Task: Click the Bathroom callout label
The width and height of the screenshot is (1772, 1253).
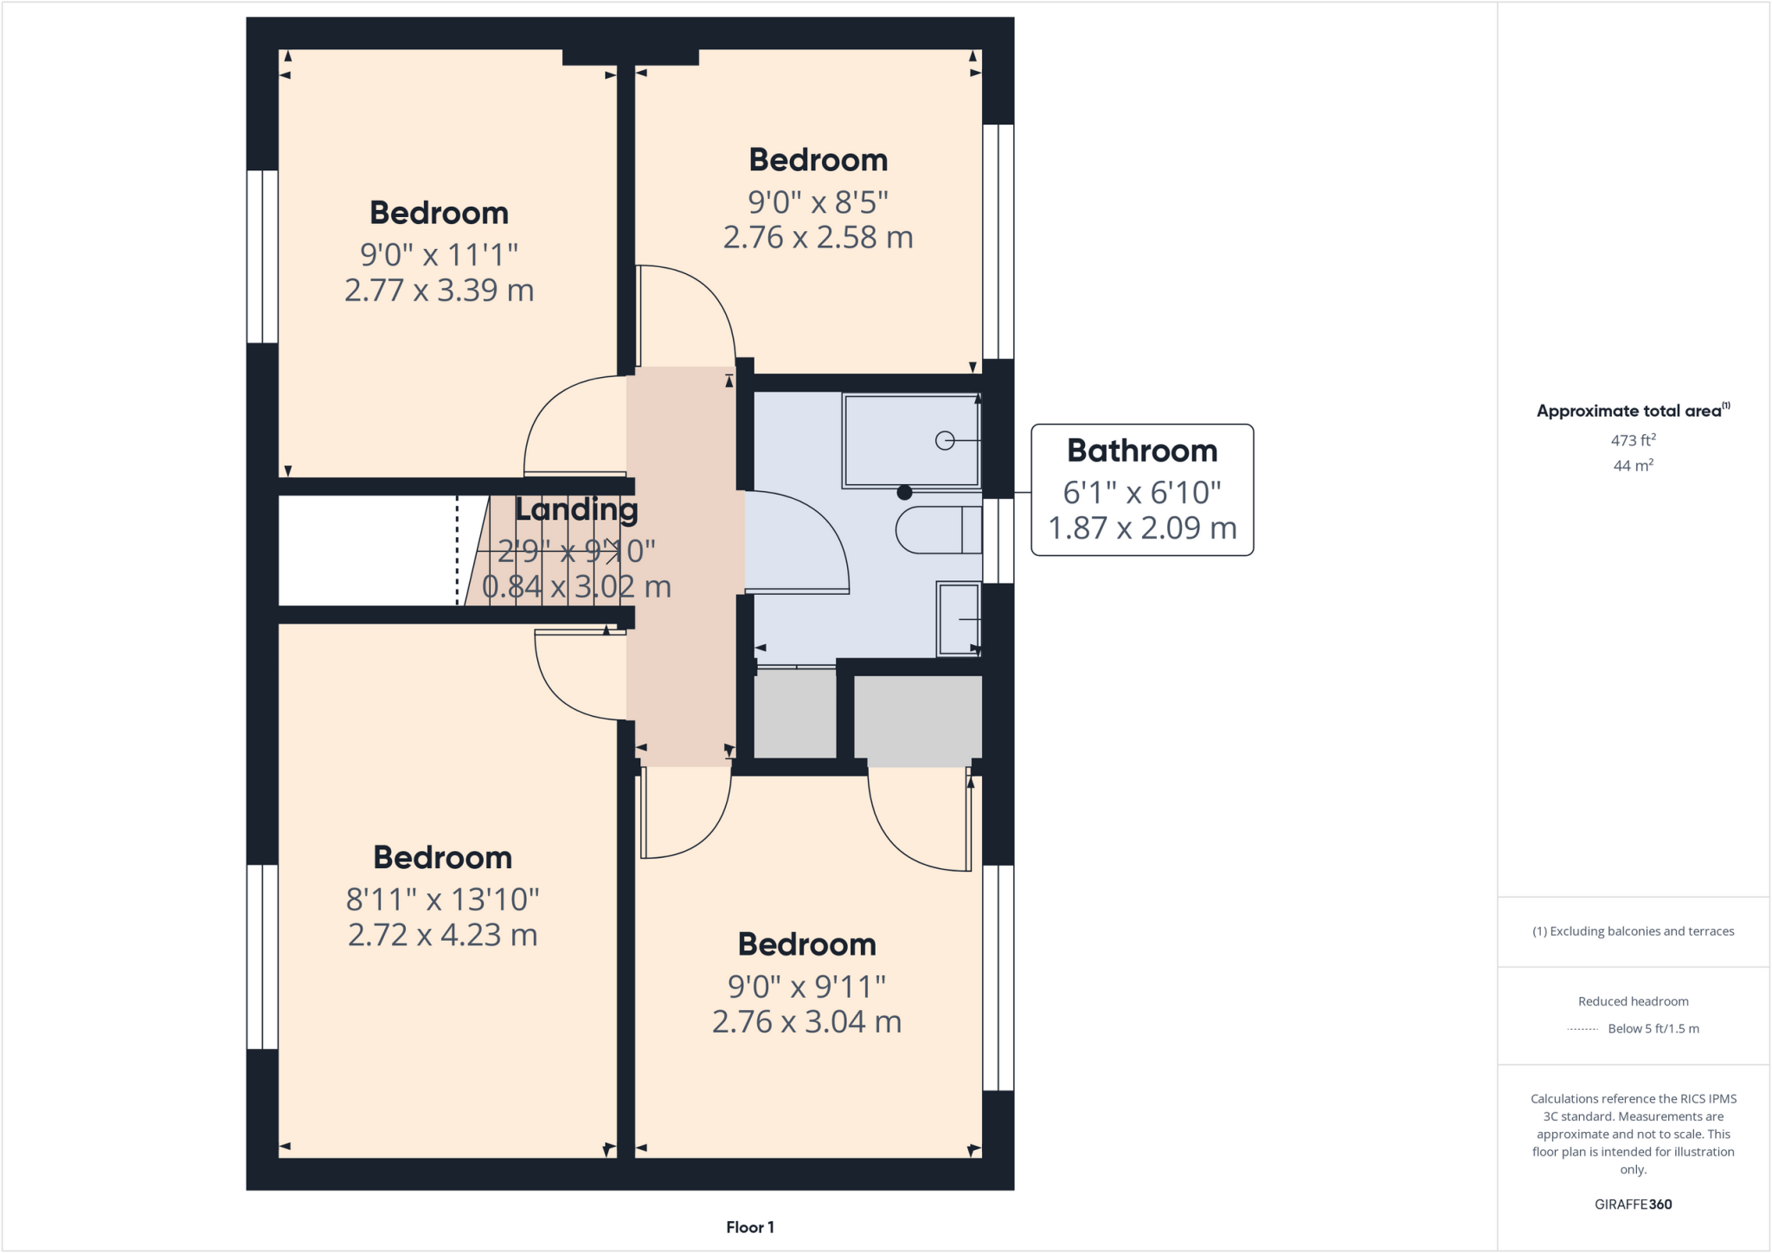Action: (x=1141, y=451)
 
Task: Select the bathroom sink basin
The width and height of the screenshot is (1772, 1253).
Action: (x=959, y=618)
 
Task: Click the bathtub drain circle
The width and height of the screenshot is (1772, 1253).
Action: (x=945, y=441)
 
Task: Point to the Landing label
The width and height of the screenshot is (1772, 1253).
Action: (x=576, y=509)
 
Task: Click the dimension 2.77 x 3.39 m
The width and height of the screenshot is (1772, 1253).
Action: (x=439, y=291)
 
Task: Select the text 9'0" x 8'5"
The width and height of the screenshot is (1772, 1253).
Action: (x=818, y=202)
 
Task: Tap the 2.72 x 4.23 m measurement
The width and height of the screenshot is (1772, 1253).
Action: (x=442, y=935)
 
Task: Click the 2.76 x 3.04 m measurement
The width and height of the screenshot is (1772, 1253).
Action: (x=806, y=1022)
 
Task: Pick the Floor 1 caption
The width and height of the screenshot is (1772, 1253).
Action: (x=749, y=1227)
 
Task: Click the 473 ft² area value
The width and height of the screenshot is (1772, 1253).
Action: (x=1633, y=440)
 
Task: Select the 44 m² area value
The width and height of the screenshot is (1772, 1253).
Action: (x=1633, y=466)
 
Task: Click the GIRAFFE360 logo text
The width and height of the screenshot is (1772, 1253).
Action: (x=1633, y=1204)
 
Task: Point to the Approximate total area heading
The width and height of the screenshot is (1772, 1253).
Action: (x=1631, y=412)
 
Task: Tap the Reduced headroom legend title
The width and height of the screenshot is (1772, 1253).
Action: (x=1633, y=1001)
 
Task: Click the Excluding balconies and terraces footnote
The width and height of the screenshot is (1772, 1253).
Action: (x=1633, y=931)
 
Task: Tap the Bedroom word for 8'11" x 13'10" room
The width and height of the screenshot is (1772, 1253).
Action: (x=442, y=858)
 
